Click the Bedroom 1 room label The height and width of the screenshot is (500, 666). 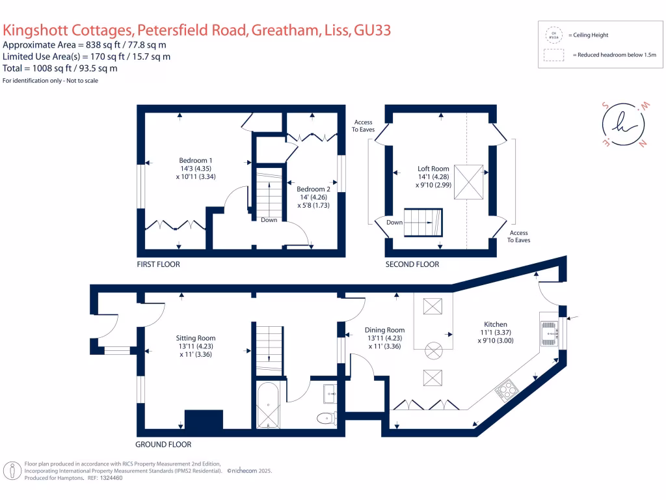(x=196, y=160)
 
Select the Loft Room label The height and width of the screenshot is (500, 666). (x=433, y=169)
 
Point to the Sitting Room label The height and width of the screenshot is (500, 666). (x=196, y=338)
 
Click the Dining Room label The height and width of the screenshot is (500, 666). (x=384, y=330)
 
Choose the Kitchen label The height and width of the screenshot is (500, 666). (x=495, y=324)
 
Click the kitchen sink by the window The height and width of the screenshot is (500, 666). (x=548, y=332)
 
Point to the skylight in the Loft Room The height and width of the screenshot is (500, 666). (x=468, y=183)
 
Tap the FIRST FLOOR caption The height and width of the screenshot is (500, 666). (x=158, y=264)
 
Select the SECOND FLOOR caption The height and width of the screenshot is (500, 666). (x=412, y=264)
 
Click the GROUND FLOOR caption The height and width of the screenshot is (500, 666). (x=163, y=445)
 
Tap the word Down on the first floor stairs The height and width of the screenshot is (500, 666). (x=269, y=220)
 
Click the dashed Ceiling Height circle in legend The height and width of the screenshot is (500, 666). (x=554, y=35)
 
